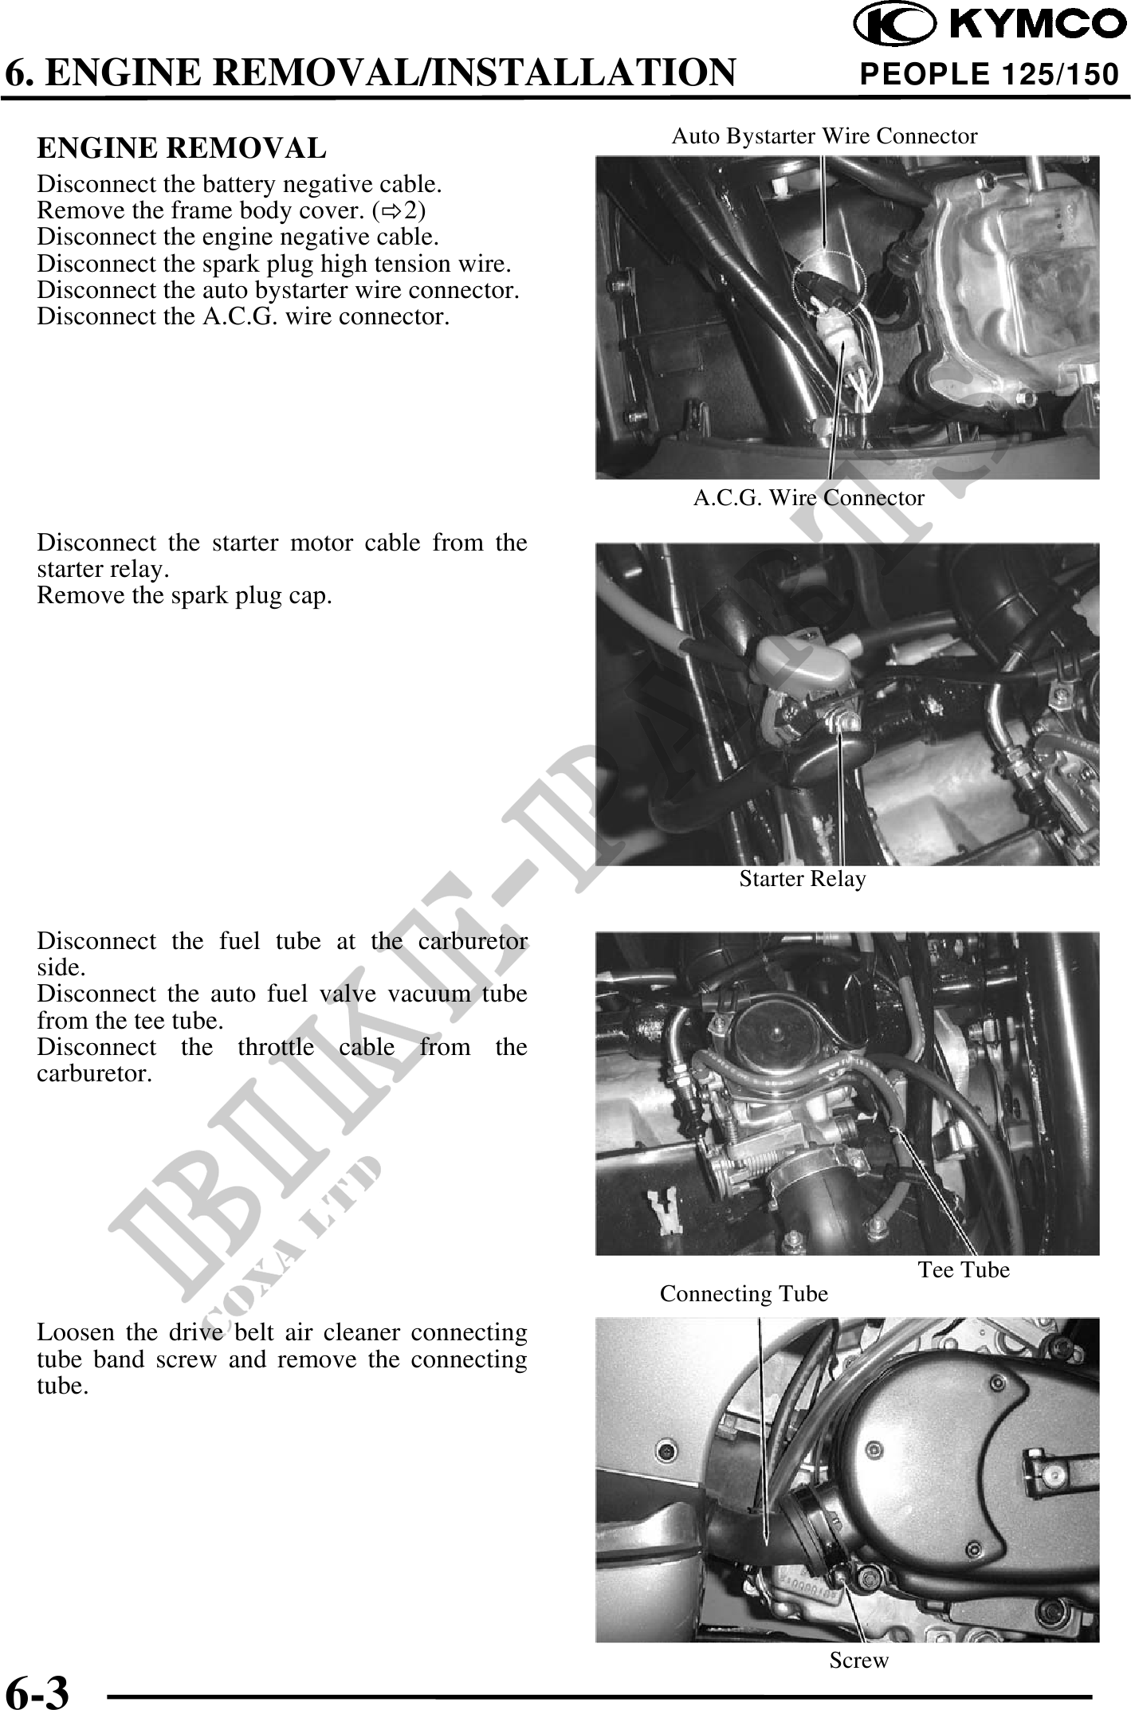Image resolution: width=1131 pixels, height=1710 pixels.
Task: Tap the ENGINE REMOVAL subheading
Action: [x=182, y=148]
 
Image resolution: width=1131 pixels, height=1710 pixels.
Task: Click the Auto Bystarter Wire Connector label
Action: [x=824, y=136]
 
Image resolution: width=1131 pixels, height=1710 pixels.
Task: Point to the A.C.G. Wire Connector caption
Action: [x=808, y=499]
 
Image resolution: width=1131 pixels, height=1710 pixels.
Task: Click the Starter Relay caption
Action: [x=802, y=879]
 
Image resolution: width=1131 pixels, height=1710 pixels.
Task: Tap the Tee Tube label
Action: [x=963, y=1269]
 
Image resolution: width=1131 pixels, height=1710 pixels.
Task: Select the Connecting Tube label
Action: [x=744, y=1294]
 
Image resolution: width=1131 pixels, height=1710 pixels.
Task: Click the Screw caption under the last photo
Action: [x=858, y=1661]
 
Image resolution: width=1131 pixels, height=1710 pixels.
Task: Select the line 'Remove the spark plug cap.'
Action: [x=184, y=595]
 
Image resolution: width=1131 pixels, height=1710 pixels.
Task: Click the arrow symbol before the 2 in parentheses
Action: [x=398, y=211]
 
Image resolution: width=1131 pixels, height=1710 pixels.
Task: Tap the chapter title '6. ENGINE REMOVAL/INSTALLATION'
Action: [x=371, y=73]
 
